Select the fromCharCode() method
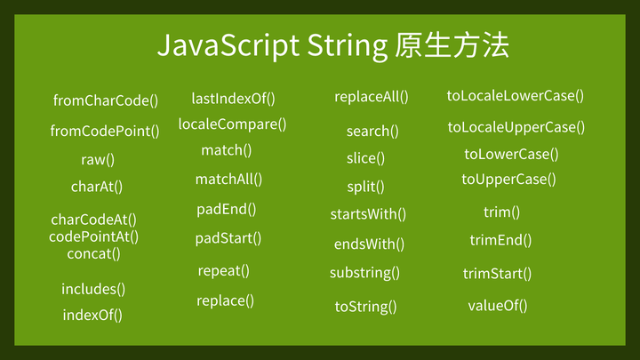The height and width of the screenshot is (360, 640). (x=105, y=100)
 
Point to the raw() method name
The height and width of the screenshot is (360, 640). (x=98, y=160)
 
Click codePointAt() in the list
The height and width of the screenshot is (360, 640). (x=93, y=236)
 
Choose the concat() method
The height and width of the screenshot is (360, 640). (x=93, y=253)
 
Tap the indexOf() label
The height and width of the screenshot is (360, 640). (x=92, y=315)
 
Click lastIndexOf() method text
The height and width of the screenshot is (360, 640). (x=233, y=99)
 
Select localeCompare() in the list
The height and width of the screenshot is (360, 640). (x=232, y=124)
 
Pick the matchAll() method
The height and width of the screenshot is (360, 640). (x=228, y=180)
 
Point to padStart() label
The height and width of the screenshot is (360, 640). (x=228, y=238)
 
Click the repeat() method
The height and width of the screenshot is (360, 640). (x=223, y=270)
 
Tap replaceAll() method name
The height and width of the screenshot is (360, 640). (x=371, y=96)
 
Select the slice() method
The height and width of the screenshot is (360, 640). (x=365, y=158)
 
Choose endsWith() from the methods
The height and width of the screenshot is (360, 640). (x=369, y=244)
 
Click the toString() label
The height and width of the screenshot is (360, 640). (x=365, y=307)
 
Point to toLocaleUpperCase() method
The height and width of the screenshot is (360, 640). (x=516, y=127)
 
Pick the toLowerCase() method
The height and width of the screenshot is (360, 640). (x=511, y=154)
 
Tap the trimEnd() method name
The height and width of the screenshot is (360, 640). (x=500, y=240)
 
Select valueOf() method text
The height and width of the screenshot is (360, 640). (x=497, y=306)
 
